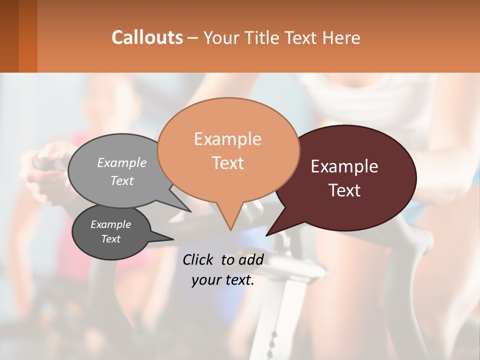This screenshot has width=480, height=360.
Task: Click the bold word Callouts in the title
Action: (x=147, y=37)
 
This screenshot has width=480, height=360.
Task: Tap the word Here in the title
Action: (x=342, y=38)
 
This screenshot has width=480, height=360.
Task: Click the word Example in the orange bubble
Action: (x=227, y=139)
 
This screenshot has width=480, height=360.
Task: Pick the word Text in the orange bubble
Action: (x=228, y=163)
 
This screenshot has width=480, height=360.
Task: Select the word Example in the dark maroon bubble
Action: (x=344, y=166)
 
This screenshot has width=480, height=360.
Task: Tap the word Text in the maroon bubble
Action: (x=345, y=190)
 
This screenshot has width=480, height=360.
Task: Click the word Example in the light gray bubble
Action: (x=122, y=162)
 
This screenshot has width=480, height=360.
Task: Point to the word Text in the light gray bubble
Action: (x=122, y=180)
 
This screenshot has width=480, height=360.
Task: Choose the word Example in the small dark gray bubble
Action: (x=110, y=224)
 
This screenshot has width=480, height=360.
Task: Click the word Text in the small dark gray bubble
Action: (x=110, y=238)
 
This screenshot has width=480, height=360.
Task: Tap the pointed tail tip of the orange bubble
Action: (x=230, y=230)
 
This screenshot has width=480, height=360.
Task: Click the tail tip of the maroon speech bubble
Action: (x=266, y=235)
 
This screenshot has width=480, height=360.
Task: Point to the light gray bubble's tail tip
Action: (x=191, y=211)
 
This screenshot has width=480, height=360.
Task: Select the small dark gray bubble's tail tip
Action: (x=173, y=239)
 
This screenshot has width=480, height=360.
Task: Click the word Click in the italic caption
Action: (x=199, y=259)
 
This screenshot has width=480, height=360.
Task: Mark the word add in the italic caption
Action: (x=251, y=259)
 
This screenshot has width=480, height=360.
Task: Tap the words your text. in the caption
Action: (x=223, y=280)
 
